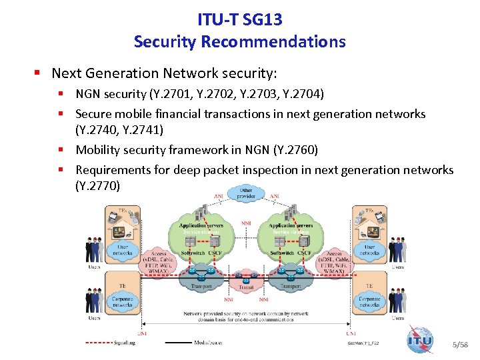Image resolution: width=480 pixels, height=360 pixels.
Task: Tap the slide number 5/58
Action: click(460, 345)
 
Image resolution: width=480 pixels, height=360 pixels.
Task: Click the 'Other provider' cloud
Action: click(247, 194)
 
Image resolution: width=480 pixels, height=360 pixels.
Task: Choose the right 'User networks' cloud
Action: click(369, 251)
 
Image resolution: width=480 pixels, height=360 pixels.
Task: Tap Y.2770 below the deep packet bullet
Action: click(97, 185)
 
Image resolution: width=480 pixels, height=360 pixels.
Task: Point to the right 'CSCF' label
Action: click(304, 254)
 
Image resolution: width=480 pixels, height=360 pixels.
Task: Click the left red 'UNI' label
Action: click(142, 333)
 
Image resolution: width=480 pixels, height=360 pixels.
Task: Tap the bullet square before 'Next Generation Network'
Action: click(40, 72)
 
